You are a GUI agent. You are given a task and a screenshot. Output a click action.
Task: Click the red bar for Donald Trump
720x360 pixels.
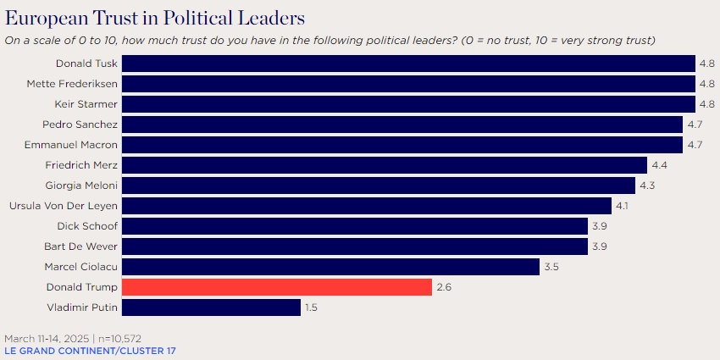coord(277,287)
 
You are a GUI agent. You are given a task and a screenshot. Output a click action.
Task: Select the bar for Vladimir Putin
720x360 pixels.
coord(211,307)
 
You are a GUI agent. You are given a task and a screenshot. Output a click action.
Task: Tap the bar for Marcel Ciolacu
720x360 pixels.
coord(330,267)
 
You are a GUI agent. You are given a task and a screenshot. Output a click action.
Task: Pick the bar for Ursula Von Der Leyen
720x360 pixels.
coord(367,206)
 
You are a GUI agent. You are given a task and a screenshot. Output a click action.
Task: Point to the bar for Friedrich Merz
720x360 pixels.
coord(385,165)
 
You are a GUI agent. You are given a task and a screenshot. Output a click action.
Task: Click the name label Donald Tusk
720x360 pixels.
coord(87,64)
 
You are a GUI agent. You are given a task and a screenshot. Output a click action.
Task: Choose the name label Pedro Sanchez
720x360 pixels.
coord(81,125)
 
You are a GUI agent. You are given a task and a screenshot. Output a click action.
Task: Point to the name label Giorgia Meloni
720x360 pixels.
coord(81,186)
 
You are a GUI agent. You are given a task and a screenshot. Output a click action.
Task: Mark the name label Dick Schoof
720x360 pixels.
coord(87,226)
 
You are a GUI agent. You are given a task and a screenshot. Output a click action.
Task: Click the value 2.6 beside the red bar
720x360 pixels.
coord(445,287)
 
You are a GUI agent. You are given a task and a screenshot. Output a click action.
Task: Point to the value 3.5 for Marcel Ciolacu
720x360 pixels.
coord(552,267)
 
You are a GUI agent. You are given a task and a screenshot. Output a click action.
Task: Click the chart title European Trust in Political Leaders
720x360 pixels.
coord(155,19)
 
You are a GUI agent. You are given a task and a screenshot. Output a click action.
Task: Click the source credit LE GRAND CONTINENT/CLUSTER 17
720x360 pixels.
coord(91,351)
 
